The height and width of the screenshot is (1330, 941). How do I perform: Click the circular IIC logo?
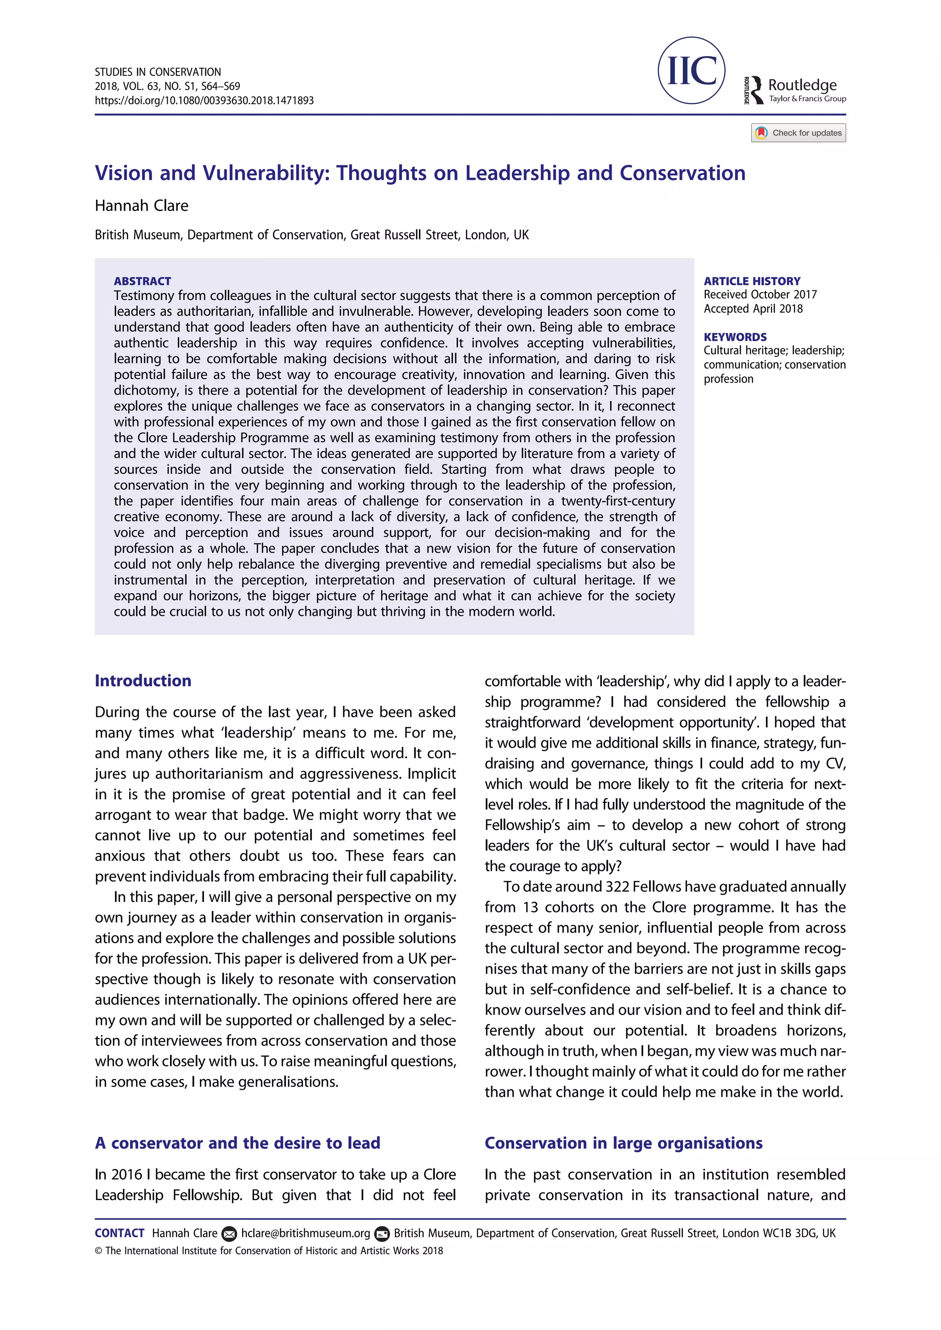click(x=691, y=71)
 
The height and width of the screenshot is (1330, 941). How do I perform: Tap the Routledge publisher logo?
click(x=795, y=90)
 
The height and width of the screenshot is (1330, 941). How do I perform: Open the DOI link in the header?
click(x=204, y=100)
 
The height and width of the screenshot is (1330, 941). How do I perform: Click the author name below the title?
click(x=142, y=206)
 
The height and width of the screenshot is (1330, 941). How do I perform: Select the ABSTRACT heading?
click(x=142, y=281)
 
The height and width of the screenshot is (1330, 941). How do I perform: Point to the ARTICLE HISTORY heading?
click(x=752, y=281)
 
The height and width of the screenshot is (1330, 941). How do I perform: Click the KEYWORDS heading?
click(x=735, y=337)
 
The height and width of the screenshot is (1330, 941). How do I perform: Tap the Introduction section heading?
click(x=142, y=680)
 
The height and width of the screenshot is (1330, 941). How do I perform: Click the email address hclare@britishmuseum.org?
click(x=306, y=1233)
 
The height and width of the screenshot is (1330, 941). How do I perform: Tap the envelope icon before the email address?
click(x=229, y=1234)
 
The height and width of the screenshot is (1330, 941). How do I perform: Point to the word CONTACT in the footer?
click(x=119, y=1233)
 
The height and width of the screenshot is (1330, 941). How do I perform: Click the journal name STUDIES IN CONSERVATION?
click(x=158, y=72)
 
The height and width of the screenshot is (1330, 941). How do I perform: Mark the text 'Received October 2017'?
click(x=760, y=294)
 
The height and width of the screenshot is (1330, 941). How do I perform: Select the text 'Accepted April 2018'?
click(x=753, y=309)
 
